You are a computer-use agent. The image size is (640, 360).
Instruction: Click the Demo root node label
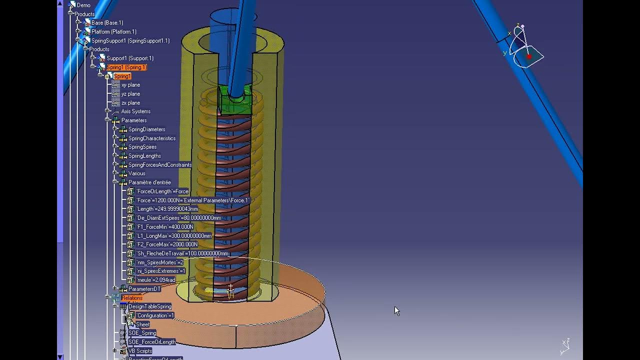(83, 5)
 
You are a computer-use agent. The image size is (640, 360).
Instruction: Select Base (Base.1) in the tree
(107, 22)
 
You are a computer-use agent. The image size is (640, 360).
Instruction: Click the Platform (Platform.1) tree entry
(113, 31)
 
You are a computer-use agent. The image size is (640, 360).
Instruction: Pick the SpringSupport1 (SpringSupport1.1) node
(130, 40)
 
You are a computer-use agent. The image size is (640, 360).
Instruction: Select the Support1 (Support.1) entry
(129, 58)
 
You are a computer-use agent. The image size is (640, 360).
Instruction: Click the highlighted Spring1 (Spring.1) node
(126, 67)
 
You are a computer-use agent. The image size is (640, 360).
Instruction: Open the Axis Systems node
(135, 111)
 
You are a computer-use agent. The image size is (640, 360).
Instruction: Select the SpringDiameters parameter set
(146, 129)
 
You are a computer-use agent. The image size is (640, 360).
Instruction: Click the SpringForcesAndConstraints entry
(159, 164)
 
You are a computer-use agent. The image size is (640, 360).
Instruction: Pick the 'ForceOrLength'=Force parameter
(162, 191)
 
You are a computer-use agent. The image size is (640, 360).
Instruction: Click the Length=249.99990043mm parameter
(167, 209)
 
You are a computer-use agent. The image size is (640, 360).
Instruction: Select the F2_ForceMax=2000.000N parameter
(167, 244)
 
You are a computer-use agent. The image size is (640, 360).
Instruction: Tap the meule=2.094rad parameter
(155, 280)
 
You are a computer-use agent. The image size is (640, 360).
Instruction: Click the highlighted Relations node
(131, 298)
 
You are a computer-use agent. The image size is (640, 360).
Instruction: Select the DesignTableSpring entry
(149, 306)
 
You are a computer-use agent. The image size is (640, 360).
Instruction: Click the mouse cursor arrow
(396, 310)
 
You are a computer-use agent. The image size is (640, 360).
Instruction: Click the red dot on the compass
(529, 56)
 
